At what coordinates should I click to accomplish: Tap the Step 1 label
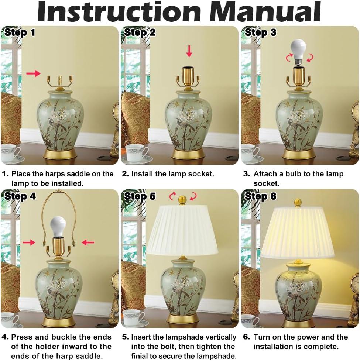[20, 32]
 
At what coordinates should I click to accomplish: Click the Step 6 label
[260, 196]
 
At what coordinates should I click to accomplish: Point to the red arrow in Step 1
[34, 73]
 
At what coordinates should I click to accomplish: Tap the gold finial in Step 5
[182, 200]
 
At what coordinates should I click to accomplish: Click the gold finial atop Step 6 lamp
[298, 202]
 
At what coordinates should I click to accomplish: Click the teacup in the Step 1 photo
[10, 152]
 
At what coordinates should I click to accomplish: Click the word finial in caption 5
[141, 356]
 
